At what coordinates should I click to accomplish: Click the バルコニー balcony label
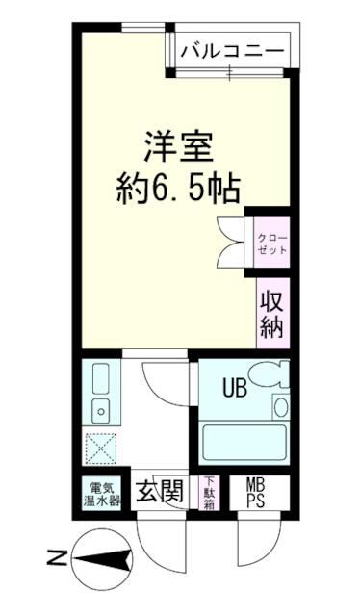pyautogui.click(x=231, y=49)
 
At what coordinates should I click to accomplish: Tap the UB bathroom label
pyautogui.click(x=235, y=390)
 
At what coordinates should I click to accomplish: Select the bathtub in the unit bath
pyautogui.click(x=244, y=442)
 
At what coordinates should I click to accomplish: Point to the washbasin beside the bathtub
pyautogui.click(x=279, y=406)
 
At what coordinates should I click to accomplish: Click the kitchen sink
pyautogui.click(x=99, y=412)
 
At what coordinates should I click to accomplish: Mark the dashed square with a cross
pyautogui.click(x=99, y=449)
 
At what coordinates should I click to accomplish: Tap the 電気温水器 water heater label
pyautogui.click(x=100, y=493)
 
